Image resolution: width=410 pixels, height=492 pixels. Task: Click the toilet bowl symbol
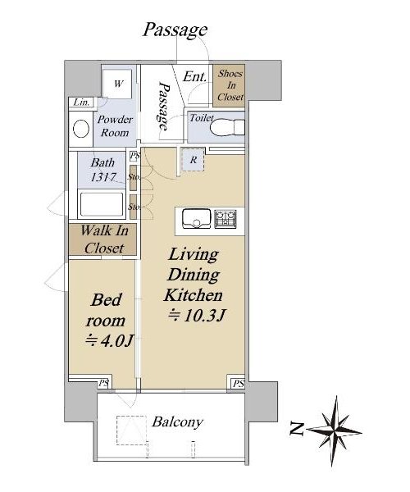coord(227,128)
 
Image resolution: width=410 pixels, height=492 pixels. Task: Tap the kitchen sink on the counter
coord(197,218)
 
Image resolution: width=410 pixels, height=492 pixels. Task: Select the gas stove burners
coord(225,219)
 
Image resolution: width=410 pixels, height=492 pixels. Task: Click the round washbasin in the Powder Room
coord(81,129)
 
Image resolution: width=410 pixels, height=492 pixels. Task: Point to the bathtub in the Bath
coord(102,204)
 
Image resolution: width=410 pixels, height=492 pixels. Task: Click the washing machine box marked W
coord(117,84)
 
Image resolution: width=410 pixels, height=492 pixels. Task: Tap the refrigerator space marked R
coord(194,160)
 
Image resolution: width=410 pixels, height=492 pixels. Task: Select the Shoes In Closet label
coord(230,85)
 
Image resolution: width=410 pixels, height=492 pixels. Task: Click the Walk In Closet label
coord(104,239)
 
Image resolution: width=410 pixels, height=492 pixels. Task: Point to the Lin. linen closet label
coord(81,102)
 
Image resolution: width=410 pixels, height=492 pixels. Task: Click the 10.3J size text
coord(197,315)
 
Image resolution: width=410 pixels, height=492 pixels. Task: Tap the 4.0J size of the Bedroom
coord(110,341)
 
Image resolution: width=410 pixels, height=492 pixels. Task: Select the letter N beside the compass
coord(297,429)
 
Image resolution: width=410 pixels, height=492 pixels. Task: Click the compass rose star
coord(335,430)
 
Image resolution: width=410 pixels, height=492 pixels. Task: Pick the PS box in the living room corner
coord(238,384)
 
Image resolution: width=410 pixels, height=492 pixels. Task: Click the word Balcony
coord(178,422)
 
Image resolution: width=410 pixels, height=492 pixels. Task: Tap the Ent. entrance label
coord(195,76)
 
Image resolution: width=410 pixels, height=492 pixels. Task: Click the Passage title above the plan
coord(175,30)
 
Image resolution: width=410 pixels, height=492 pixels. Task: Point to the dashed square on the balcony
coord(131,430)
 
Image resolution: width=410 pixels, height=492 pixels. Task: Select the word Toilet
coord(202,118)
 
